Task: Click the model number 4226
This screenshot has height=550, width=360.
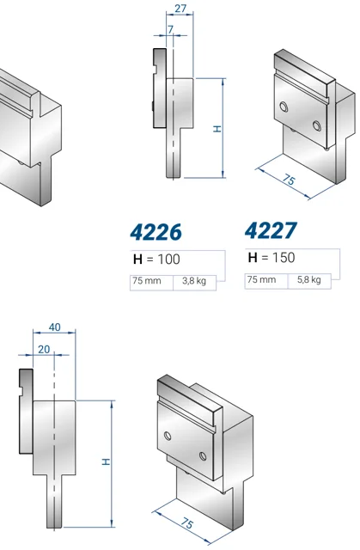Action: click(156, 232)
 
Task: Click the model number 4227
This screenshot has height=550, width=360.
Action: click(271, 230)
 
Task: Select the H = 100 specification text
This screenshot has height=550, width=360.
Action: click(156, 260)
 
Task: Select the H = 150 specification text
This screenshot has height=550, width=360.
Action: click(272, 258)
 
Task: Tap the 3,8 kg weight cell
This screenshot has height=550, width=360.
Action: click(194, 281)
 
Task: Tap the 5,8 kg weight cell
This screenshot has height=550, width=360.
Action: click(308, 279)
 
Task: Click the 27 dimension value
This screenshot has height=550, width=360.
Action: click(180, 8)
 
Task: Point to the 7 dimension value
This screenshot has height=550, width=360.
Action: click(171, 29)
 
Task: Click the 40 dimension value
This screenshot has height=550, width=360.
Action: click(54, 327)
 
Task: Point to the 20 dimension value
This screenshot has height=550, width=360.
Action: click(44, 350)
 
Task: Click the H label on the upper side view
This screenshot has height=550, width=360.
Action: click(217, 129)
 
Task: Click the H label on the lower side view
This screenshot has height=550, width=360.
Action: click(106, 461)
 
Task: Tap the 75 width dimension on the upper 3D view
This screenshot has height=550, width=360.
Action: click(289, 180)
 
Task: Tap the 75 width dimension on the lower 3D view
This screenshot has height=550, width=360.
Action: click(187, 523)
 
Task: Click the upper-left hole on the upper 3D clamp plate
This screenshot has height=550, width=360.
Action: click(284, 107)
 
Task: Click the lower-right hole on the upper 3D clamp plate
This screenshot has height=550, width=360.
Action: click(317, 125)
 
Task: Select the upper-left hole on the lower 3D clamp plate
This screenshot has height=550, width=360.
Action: click(168, 436)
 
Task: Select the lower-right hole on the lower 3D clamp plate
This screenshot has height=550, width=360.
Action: click(203, 456)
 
